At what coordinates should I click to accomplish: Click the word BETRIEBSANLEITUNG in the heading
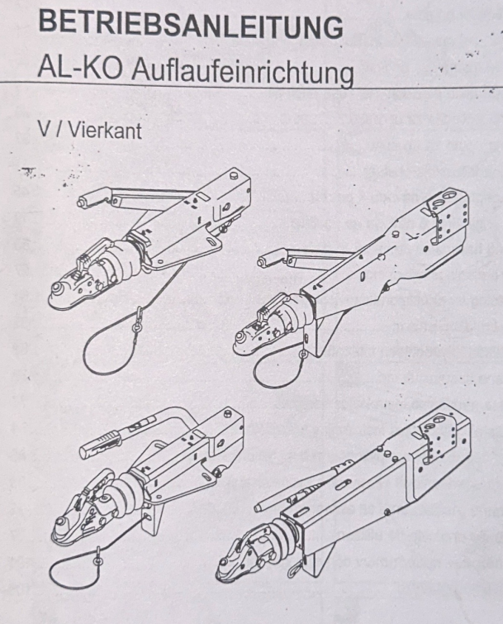191,24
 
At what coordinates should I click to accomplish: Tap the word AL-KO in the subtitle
80,67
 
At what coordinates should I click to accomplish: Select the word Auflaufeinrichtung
242,72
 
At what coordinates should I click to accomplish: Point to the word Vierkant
106,129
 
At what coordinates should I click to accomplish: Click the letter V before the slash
45,128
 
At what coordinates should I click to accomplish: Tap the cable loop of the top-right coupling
274,371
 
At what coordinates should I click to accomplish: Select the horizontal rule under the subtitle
251,84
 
